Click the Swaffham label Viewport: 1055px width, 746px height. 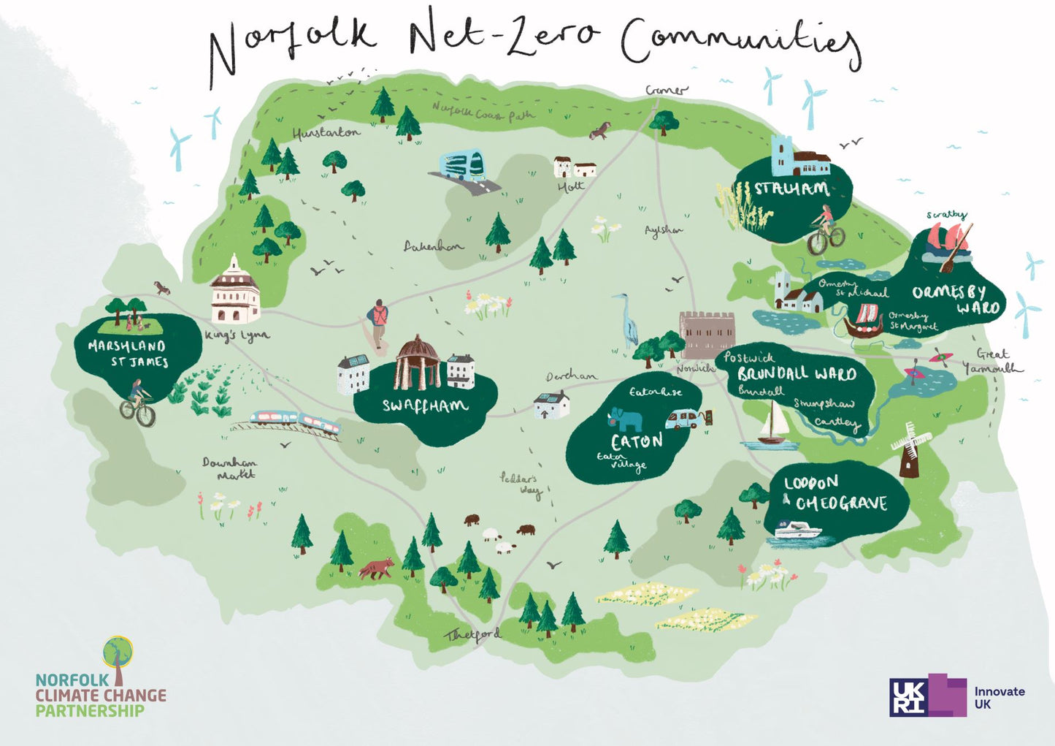point(425,406)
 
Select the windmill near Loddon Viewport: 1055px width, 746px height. point(909,449)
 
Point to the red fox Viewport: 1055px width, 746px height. point(377,568)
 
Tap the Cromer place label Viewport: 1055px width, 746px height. point(666,91)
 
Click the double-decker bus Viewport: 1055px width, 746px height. point(462,165)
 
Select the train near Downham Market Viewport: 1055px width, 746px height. point(296,422)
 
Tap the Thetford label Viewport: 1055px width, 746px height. point(473,635)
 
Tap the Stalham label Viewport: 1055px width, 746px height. point(791,189)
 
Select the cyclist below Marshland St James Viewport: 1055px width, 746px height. point(137,403)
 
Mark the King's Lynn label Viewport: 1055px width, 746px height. point(237,336)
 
